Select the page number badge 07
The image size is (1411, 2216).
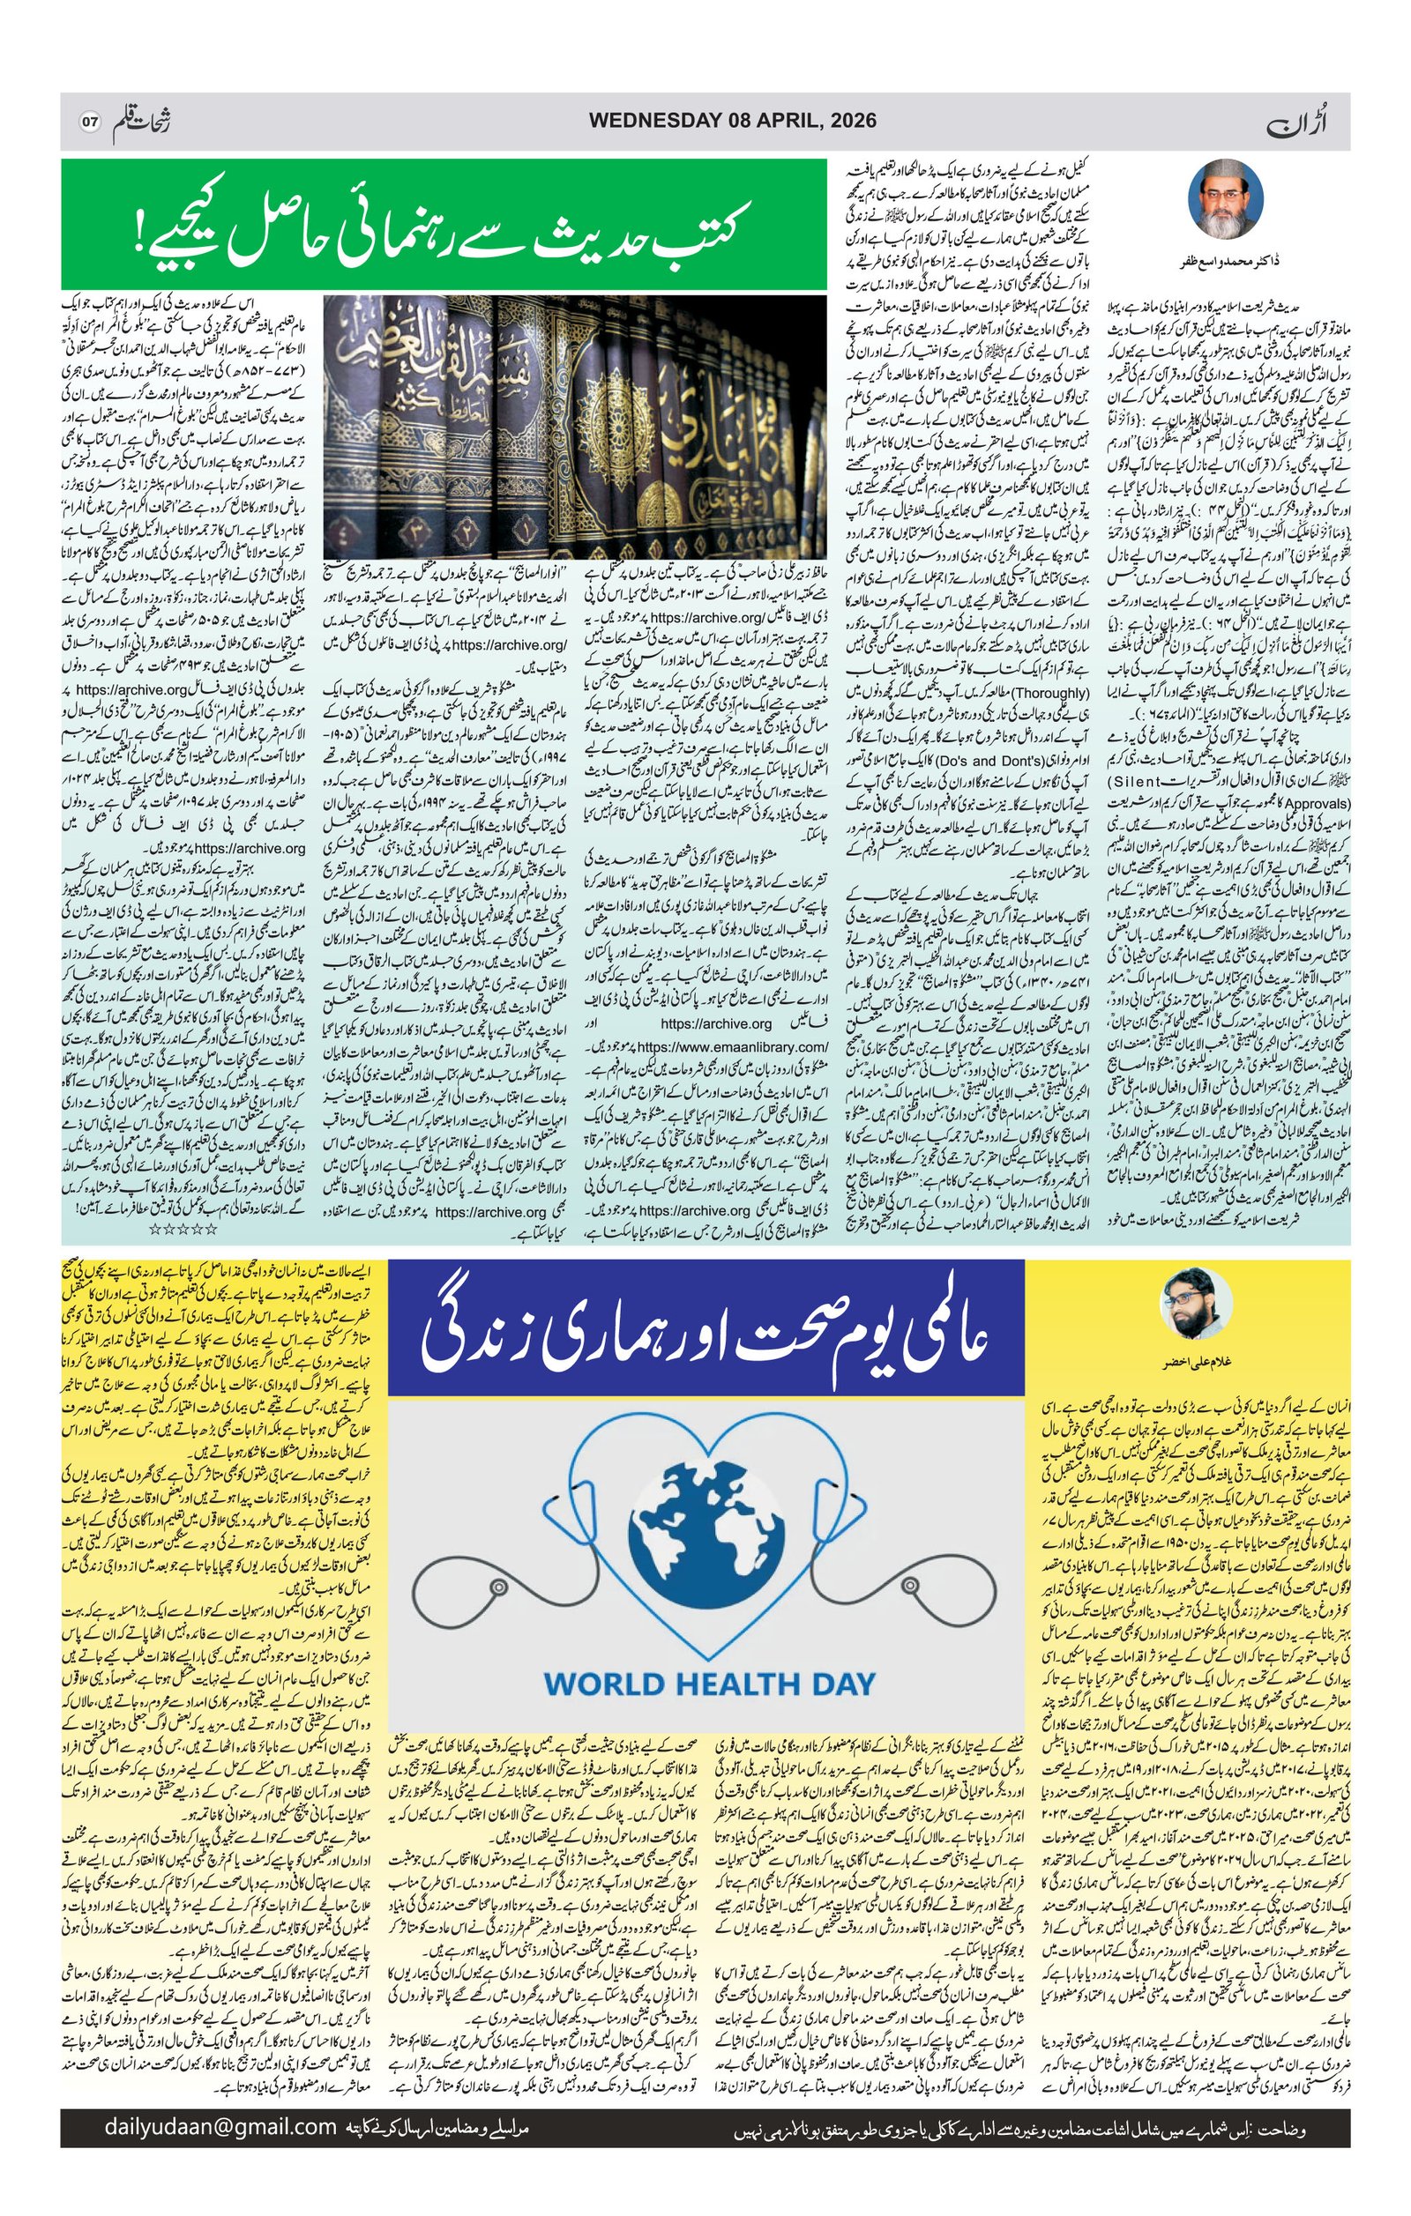coord(90,122)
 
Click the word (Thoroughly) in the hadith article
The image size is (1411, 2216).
coord(1046,693)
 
